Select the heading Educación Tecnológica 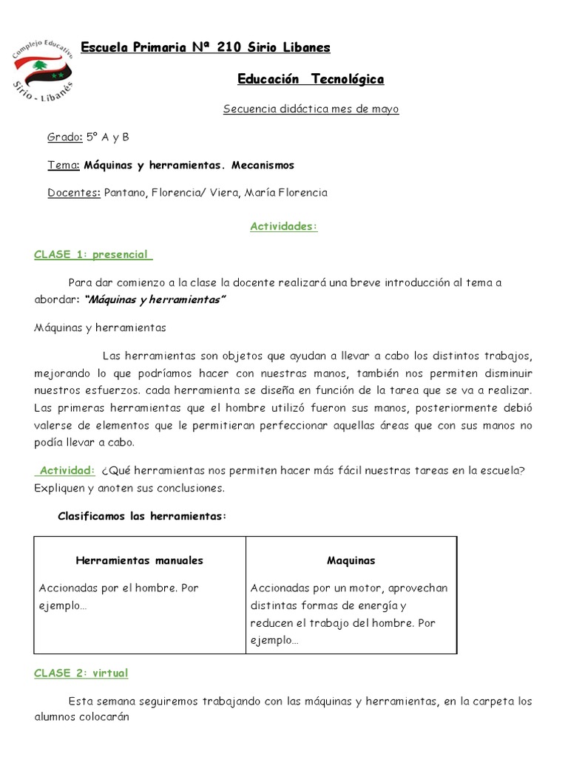[x=311, y=79]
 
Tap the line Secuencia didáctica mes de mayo [x=311, y=109]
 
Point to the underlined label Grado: [x=65, y=137]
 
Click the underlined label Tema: [x=64, y=165]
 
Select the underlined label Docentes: [x=74, y=193]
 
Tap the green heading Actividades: [x=284, y=226]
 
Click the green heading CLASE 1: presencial [x=92, y=254]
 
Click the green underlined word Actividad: [x=67, y=470]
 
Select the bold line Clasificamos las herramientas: [x=141, y=516]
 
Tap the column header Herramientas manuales [x=140, y=560]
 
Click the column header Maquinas [x=351, y=560]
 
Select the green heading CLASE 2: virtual [x=81, y=673]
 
